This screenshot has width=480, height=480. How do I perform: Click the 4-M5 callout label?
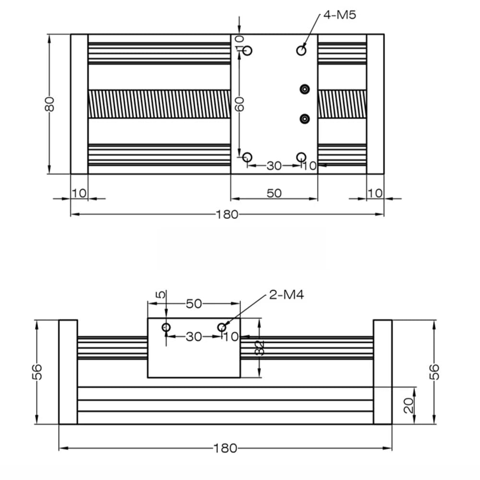(340, 14)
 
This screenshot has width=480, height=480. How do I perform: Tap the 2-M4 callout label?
(286, 295)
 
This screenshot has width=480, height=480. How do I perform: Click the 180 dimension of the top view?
(227, 214)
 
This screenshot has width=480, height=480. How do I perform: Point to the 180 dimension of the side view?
(225, 448)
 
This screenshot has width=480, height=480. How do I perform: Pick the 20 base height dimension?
(409, 405)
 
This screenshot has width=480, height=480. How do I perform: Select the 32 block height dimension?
(259, 348)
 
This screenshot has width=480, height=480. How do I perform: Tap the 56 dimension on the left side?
(37, 372)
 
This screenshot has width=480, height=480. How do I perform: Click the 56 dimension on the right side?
(434, 372)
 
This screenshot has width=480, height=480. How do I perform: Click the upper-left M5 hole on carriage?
(248, 50)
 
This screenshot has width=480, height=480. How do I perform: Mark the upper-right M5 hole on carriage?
(301, 50)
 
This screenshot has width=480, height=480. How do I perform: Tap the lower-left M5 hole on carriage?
(248, 157)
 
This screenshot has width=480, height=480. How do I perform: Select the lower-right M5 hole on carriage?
(301, 157)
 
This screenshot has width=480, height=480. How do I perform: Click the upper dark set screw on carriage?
(304, 89)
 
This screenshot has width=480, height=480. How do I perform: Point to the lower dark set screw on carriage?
(304, 118)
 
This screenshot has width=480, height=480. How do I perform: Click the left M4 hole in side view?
(166, 327)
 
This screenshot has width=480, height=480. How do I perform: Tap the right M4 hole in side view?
(221, 327)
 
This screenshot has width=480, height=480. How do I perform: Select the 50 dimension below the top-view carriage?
(274, 193)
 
